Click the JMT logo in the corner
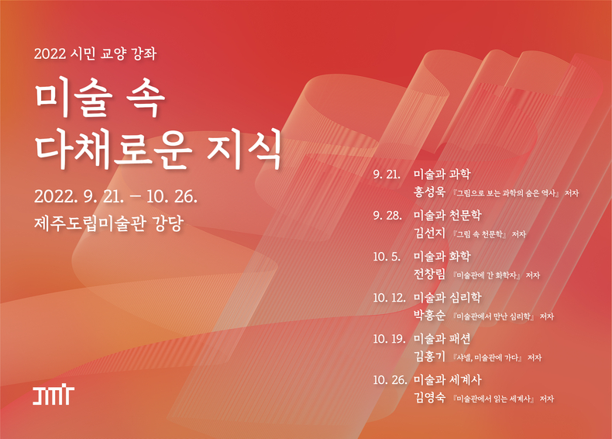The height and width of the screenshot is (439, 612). [53, 396]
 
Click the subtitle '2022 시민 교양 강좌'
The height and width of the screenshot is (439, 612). [95, 54]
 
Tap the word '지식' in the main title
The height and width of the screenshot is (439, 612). [244, 149]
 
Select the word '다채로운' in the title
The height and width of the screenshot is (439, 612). [114, 149]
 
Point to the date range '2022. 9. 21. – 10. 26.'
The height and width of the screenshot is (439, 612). [115, 196]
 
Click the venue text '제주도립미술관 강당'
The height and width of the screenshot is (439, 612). [109, 223]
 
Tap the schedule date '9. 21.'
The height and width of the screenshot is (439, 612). [387, 175]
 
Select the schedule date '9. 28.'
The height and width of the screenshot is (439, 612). [387, 216]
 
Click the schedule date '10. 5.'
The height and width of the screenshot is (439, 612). [387, 257]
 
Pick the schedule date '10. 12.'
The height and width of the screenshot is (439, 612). [390, 298]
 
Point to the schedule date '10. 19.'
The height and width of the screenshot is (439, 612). [390, 339]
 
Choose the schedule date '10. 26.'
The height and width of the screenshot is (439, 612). [390, 380]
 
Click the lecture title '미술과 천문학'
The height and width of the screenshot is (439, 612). [448, 216]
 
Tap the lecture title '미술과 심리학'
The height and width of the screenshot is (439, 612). [448, 298]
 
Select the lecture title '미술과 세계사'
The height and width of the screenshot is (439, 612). [448, 379]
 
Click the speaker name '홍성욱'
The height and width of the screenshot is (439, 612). [429, 192]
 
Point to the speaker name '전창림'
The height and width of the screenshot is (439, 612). [429, 274]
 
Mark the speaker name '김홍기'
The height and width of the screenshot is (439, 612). [429, 356]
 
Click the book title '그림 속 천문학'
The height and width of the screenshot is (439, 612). [480, 234]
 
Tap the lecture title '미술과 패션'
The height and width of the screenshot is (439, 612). [442, 338]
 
